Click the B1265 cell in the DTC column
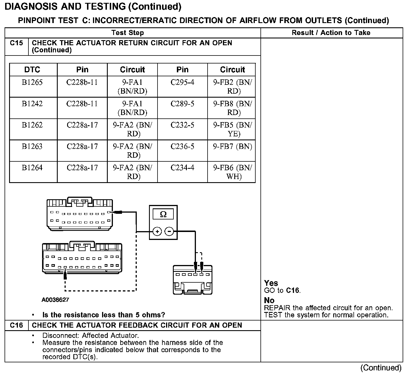tap(32, 83)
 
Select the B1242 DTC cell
tap(32, 104)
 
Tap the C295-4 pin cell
tap(182, 83)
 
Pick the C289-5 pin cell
tap(182, 104)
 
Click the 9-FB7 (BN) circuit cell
tap(232, 147)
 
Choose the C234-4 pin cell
tap(182, 168)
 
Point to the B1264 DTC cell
tap(32, 168)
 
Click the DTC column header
tap(32, 70)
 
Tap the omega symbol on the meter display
tap(163, 214)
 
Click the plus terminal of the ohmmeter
tap(157, 231)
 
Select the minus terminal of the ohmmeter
tap(169, 231)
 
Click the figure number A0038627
tap(55, 300)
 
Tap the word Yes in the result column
tap(271, 283)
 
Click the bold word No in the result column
tap(269, 301)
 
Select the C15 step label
tap(16, 43)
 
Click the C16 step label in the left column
tap(16, 325)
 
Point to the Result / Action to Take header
tap(331, 33)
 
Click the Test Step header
tap(128, 33)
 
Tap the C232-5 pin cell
tap(182, 125)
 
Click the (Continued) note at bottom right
tap(381, 368)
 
